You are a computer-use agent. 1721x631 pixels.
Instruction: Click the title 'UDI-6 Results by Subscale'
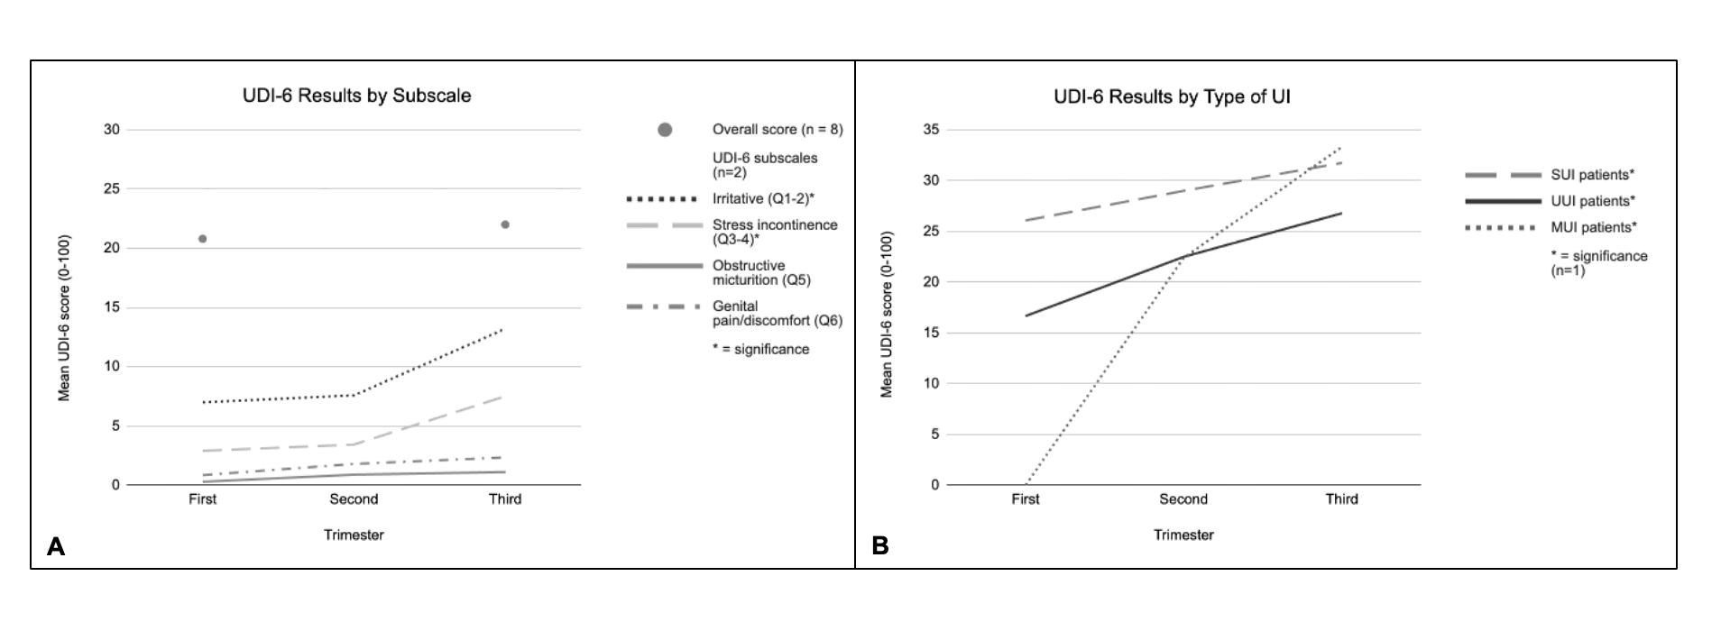point(356,96)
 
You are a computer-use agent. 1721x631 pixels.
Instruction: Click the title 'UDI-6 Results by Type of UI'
point(1172,96)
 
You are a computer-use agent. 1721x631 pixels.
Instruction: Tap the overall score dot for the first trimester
point(203,239)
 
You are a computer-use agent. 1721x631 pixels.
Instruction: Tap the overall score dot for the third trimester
point(505,224)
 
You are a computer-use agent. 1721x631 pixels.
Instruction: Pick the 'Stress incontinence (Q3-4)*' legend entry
point(774,232)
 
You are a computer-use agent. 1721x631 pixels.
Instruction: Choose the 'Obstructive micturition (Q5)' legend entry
point(761,272)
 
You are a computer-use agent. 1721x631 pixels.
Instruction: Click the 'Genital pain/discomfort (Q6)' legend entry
point(777,313)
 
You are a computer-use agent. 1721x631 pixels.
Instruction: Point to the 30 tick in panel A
point(112,130)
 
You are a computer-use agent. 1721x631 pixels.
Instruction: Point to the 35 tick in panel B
point(931,130)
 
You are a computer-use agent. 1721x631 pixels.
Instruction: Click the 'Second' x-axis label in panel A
point(354,499)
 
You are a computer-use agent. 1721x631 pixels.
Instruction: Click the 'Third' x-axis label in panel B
point(1341,499)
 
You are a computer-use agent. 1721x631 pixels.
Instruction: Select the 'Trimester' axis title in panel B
point(1183,535)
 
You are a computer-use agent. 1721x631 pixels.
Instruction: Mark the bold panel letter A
point(56,546)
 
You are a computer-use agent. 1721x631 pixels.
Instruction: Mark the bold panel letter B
point(880,546)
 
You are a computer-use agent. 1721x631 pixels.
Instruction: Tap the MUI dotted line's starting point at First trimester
point(1026,484)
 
